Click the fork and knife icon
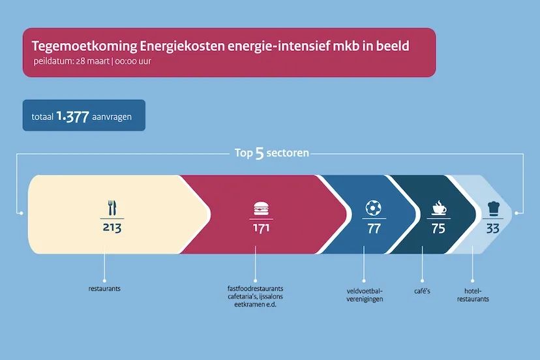point(112,207)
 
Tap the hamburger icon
point(260,208)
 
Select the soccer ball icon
point(373,208)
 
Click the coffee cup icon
point(438,208)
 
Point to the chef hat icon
point(493,209)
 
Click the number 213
point(112,228)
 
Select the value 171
point(260,228)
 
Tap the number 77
point(373,228)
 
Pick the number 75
point(438,228)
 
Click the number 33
point(493,228)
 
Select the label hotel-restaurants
point(473,295)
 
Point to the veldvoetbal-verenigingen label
point(365,295)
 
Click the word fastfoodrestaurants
point(255,288)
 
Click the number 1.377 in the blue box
point(71,116)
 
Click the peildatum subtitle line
point(95,63)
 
